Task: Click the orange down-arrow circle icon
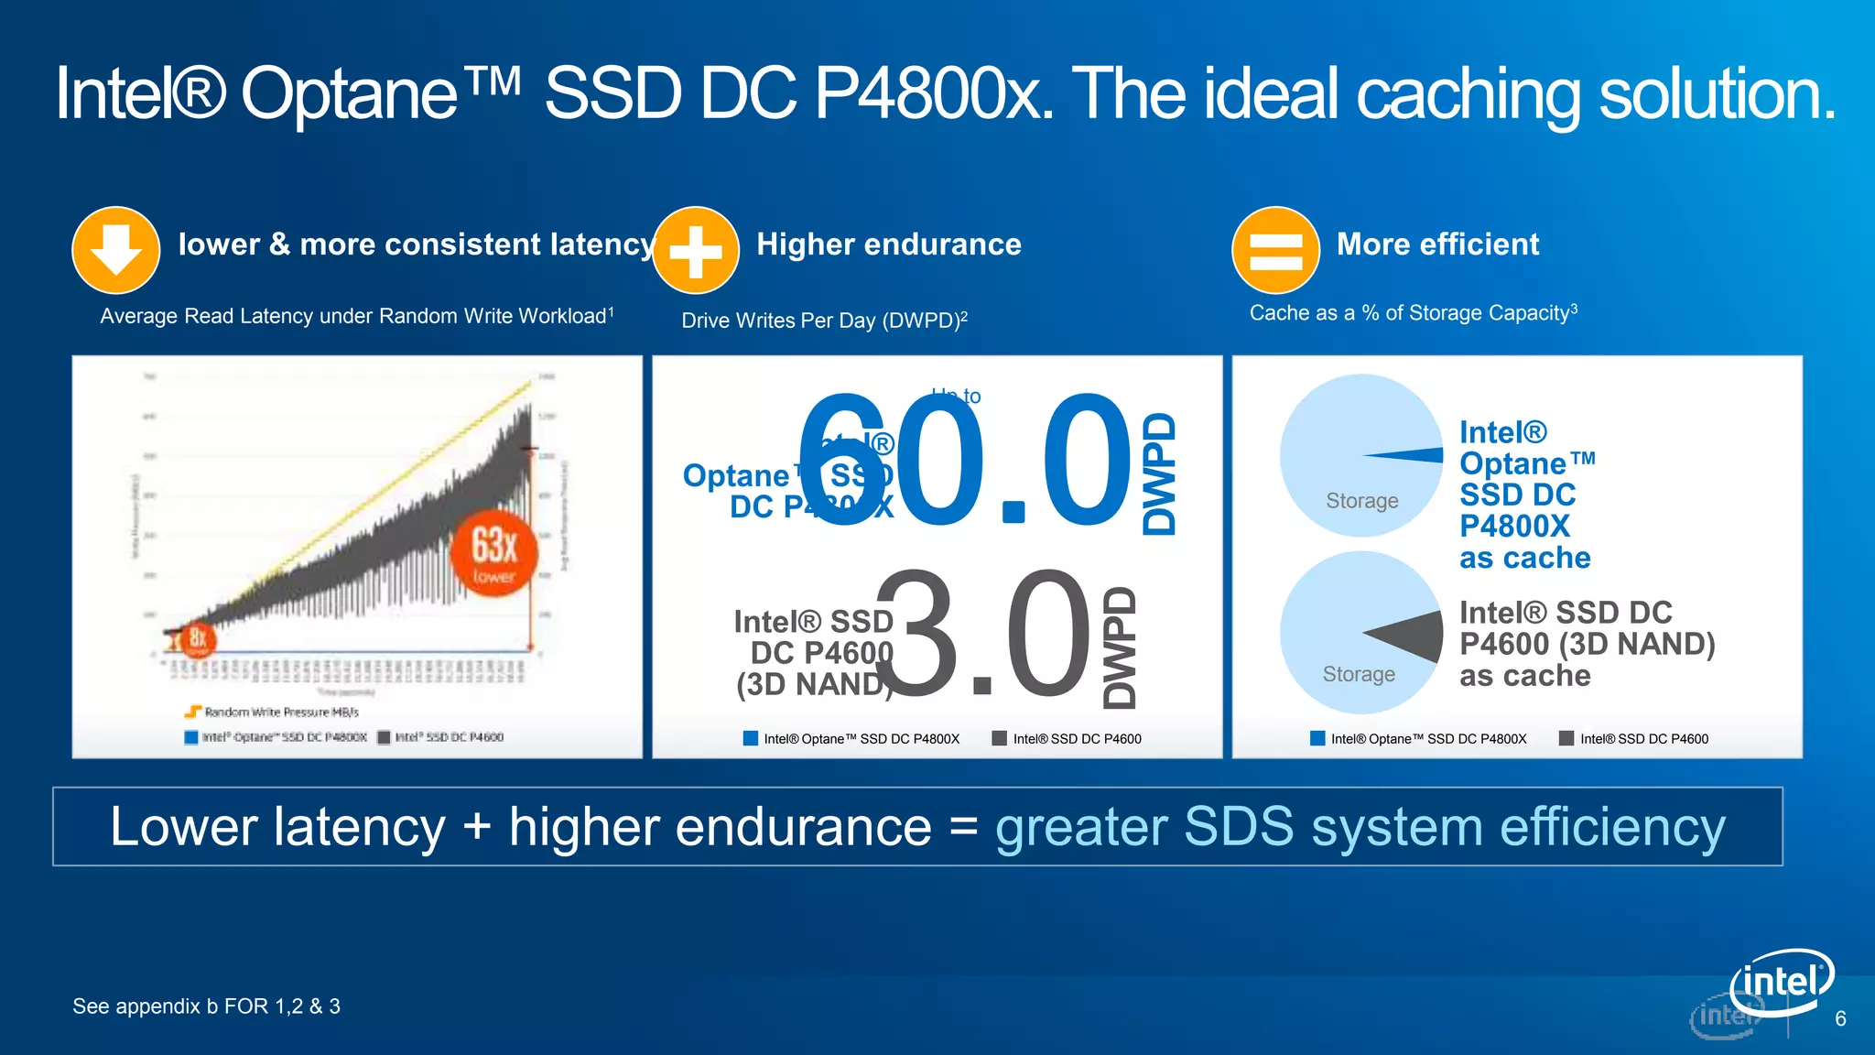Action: click(116, 250)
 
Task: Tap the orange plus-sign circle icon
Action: click(696, 250)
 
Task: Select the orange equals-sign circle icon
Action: click(1275, 250)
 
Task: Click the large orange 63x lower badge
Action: click(494, 553)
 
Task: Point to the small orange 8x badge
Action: click(197, 638)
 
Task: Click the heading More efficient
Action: click(1437, 245)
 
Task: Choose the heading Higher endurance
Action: click(888, 245)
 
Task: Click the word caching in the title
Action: click(1469, 94)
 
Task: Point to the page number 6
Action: click(1840, 1019)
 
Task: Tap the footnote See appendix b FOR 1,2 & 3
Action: click(206, 1006)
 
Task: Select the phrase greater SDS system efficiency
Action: click(1360, 827)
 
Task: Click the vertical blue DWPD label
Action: click(1159, 473)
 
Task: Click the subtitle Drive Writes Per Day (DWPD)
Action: click(824, 321)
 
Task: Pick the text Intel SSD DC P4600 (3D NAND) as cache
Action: click(1586, 644)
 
